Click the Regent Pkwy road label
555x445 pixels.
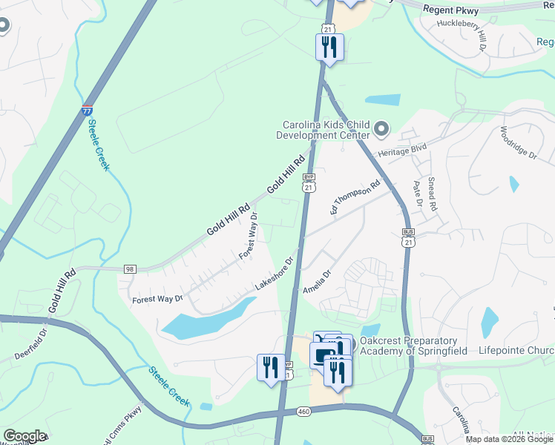click(452, 10)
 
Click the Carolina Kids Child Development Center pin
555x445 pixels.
click(382, 130)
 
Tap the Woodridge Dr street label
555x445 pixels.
click(518, 143)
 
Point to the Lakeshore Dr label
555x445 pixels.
click(275, 274)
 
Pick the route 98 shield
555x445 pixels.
click(131, 268)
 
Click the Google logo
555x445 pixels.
click(24, 436)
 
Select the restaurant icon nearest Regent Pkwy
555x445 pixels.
click(329, 48)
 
